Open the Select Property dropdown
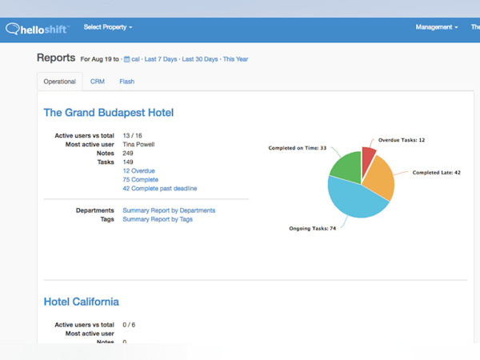(108, 27)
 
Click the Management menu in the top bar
(436, 27)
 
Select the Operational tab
(60, 82)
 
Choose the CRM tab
(97, 82)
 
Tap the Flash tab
(126, 82)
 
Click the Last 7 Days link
(161, 59)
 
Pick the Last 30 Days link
(200, 59)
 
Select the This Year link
(235, 59)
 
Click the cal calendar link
(132, 59)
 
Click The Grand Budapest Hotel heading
(108, 113)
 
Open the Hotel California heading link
(81, 302)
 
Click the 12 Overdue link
(138, 171)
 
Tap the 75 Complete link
(140, 180)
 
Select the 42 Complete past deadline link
(159, 189)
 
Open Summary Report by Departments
(168, 210)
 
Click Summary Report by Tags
(157, 219)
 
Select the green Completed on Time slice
(346, 168)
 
